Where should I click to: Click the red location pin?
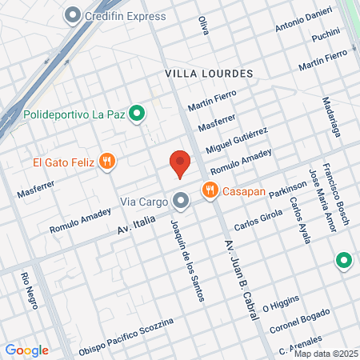pyautogui.click(x=180, y=164)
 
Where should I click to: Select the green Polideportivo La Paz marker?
pyautogui.click(x=136, y=114)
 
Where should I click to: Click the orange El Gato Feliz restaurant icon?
pyautogui.click(x=108, y=162)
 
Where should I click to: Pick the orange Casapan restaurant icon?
pyautogui.click(x=210, y=190)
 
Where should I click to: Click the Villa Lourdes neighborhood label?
pyautogui.click(x=209, y=73)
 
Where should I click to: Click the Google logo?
pyautogui.click(x=26, y=350)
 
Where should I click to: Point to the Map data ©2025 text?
pyautogui.click(x=325, y=354)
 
